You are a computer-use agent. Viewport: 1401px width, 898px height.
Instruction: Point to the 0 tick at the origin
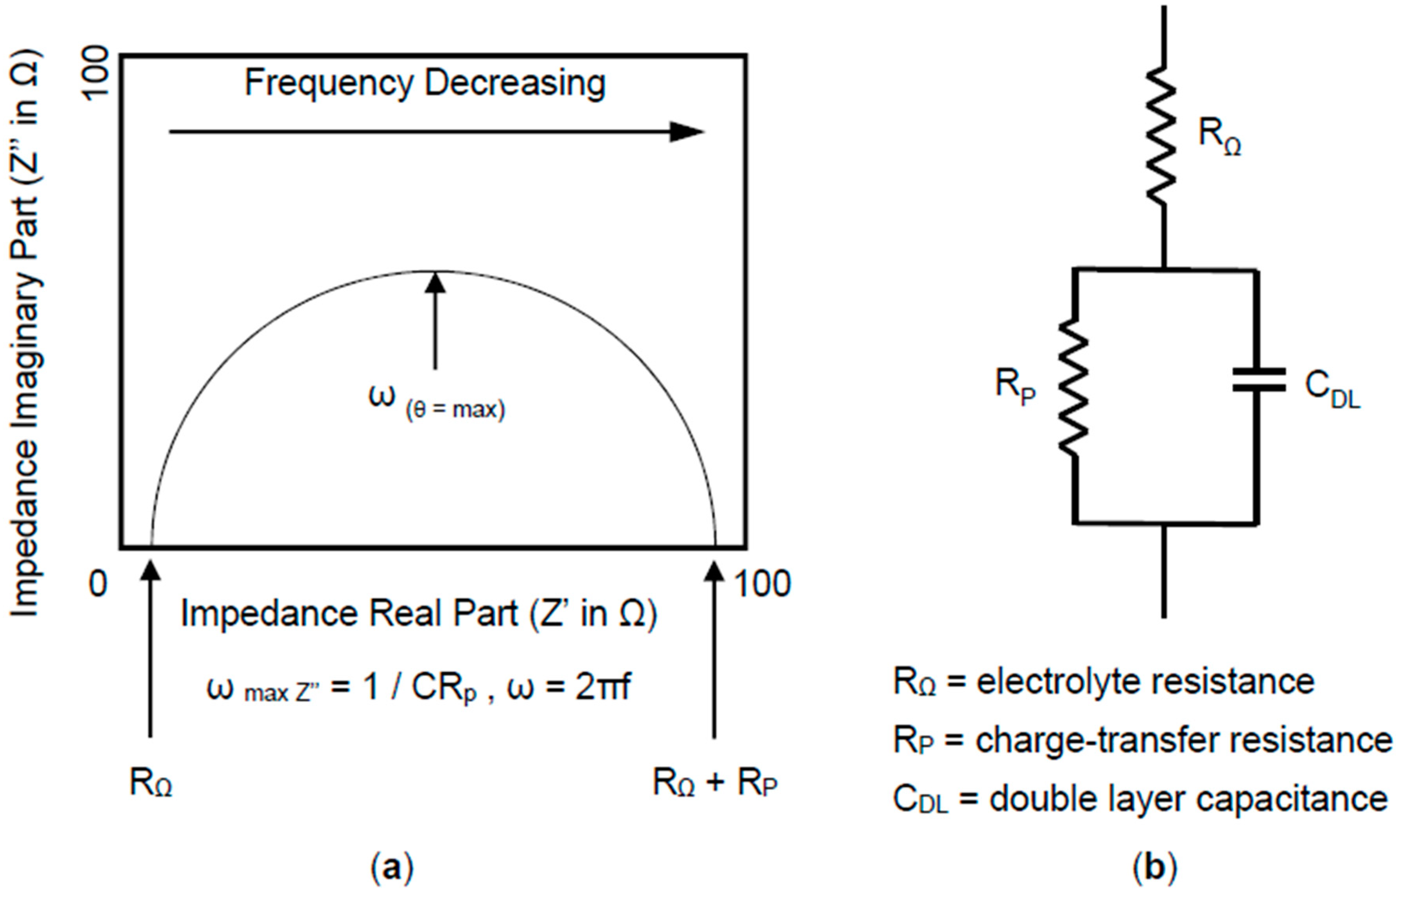98,583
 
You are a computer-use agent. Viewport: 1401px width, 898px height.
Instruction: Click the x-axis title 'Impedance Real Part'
419,614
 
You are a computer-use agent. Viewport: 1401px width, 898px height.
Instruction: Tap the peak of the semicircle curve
434,272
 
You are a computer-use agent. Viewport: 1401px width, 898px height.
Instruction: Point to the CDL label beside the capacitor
1332,388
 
